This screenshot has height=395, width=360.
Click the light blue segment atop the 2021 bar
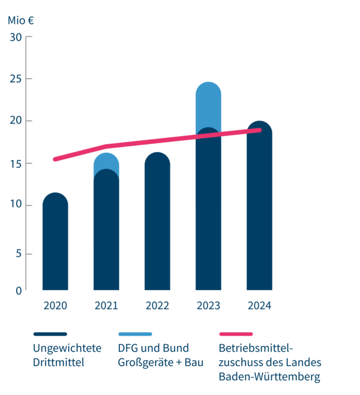pyautogui.click(x=106, y=161)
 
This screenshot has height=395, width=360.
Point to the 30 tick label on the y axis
pyautogui.click(x=16, y=37)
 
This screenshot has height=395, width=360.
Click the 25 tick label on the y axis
pyautogui.click(x=16, y=79)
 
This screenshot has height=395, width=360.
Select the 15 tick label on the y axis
pyautogui.click(x=16, y=163)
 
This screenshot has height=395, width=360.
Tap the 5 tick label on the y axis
pyautogui.click(x=19, y=254)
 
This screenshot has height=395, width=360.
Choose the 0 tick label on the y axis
pyautogui.click(x=19, y=291)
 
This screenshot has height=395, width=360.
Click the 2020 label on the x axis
pyautogui.click(x=55, y=306)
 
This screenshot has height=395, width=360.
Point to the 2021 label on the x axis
pyautogui.click(x=106, y=306)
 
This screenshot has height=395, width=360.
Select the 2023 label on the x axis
pyautogui.click(x=208, y=306)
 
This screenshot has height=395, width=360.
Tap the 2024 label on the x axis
pyautogui.click(x=259, y=306)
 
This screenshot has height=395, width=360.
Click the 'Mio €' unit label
pyautogui.click(x=21, y=19)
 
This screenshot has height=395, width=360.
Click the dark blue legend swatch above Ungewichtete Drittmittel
pyautogui.click(x=50, y=333)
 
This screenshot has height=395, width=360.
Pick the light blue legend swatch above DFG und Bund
pyautogui.click(x=135, y=333)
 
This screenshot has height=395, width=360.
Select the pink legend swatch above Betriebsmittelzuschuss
pyautogui.click(x=236, y=333)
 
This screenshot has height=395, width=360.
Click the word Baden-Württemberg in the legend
pyautogui.click(x=269, y=378)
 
